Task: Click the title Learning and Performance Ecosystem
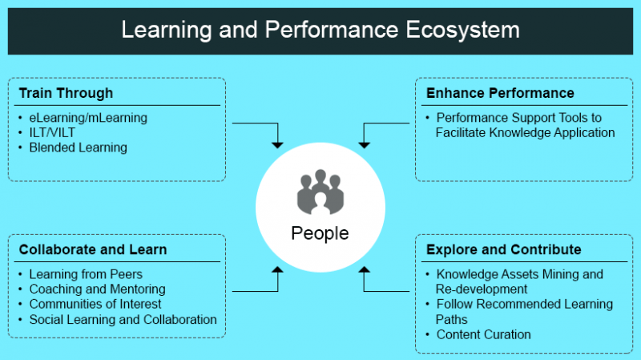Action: (320, 30)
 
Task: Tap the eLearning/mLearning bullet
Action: (88, 118)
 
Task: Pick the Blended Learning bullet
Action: (78, 148)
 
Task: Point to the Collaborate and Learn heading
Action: (93, 249)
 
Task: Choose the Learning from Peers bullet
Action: (86, 274)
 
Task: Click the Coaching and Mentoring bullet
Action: (97, 289)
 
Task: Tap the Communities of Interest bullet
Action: (95, 304)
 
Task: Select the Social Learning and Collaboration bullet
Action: (123, 319)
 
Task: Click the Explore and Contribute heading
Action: (504, 249)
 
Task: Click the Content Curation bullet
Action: (483, 334)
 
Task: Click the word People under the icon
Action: (320, 233)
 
